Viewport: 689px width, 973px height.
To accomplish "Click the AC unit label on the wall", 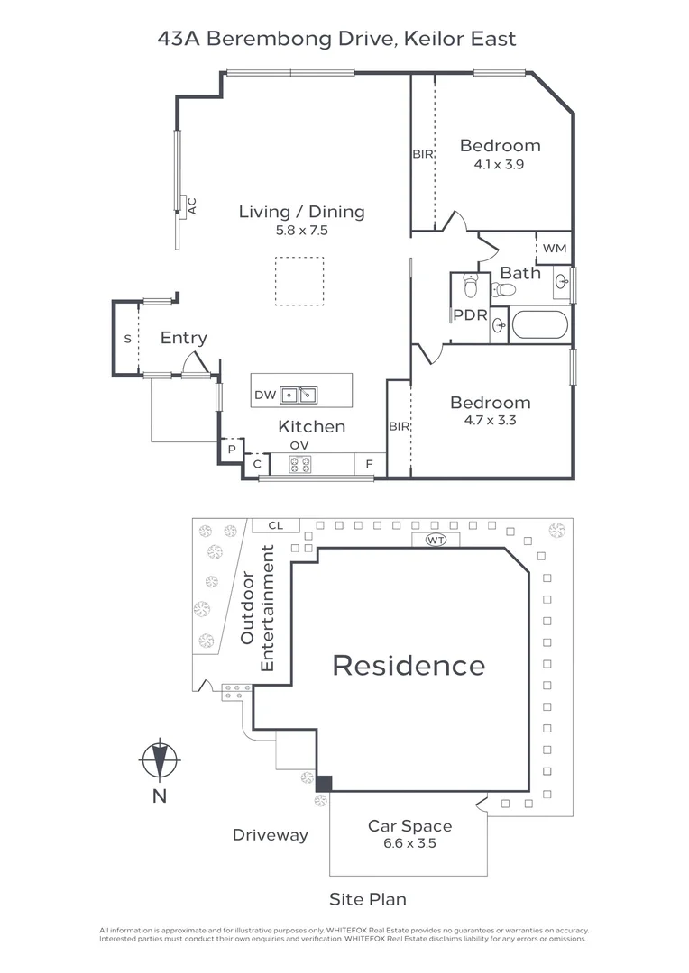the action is click(x=192, y=206).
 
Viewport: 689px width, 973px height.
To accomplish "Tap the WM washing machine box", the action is click(x=555, y=249).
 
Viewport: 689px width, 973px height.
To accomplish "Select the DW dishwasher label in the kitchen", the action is click(x=265, y=395).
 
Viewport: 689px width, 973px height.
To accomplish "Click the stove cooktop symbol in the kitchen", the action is click(x=300, y=464).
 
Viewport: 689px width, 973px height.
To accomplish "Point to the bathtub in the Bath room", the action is click(x=540, y=324).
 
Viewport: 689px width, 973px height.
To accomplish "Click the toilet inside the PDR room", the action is click(x=471, y=286).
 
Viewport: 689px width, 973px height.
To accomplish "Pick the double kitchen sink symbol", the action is click(x=299, y=395).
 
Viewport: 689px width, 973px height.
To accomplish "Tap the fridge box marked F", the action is click(x=370, y=464).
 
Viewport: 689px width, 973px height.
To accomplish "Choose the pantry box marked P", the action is click(x=232, y=449).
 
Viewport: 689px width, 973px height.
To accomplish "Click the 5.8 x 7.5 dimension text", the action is click(x=302, y=231).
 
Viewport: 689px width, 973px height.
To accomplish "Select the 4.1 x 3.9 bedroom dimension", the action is click(x=499, y=165).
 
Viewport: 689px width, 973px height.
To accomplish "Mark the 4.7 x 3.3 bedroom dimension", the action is click(x=491, y=420).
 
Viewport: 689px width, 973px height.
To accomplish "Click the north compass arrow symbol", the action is click(x=160, y=759).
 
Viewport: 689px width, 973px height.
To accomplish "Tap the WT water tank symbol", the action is click(x=436, y=540).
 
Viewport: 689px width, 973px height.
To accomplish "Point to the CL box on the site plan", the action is click(x=276, y=525).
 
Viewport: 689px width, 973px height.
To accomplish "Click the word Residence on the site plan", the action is click(x=409, y=666).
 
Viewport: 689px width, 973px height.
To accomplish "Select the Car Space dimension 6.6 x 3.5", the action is click(x=409, y=843).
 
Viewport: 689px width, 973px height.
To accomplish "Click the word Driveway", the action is click(x=271, y=835).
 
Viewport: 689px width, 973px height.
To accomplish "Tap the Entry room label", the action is click(x=184, y=338).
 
